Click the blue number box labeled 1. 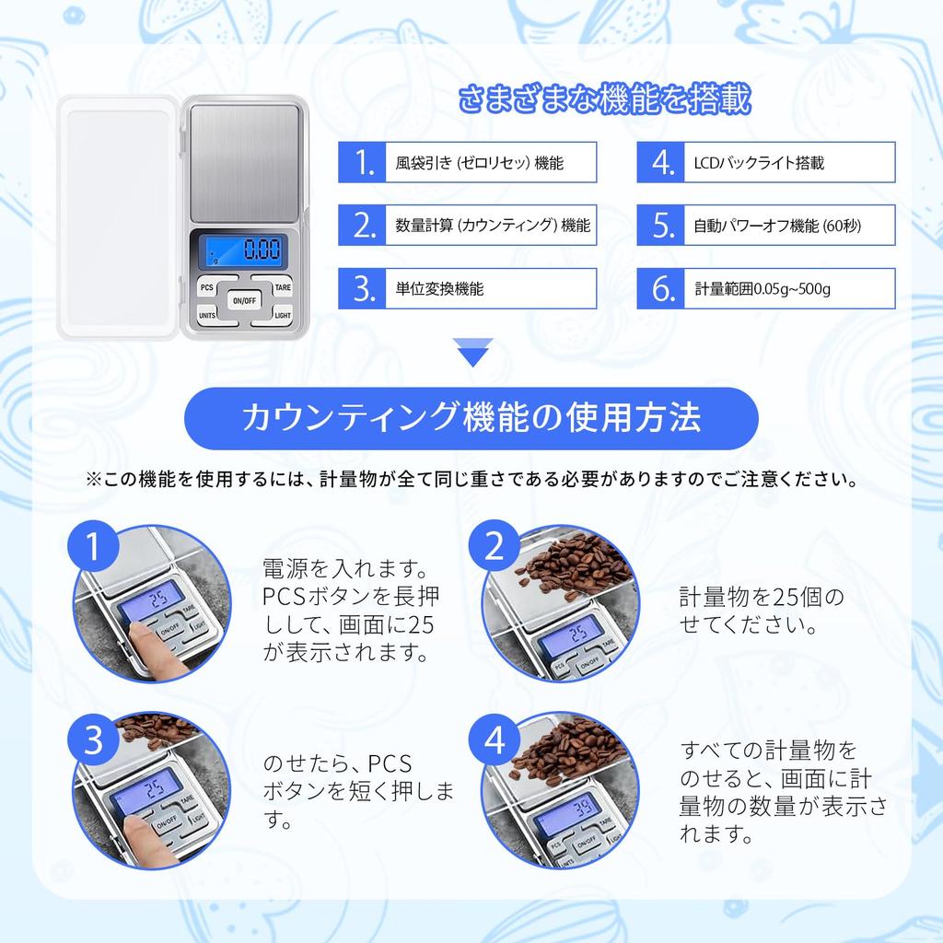point(366,164)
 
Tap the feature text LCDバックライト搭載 point(759,164)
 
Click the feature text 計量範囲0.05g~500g point(763,289)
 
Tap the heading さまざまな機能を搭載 point(605,98)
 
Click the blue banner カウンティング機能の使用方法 point(471,419)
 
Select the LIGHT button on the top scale point(283,316)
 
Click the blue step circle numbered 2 point(495,549)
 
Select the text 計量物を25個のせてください point(761,611)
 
